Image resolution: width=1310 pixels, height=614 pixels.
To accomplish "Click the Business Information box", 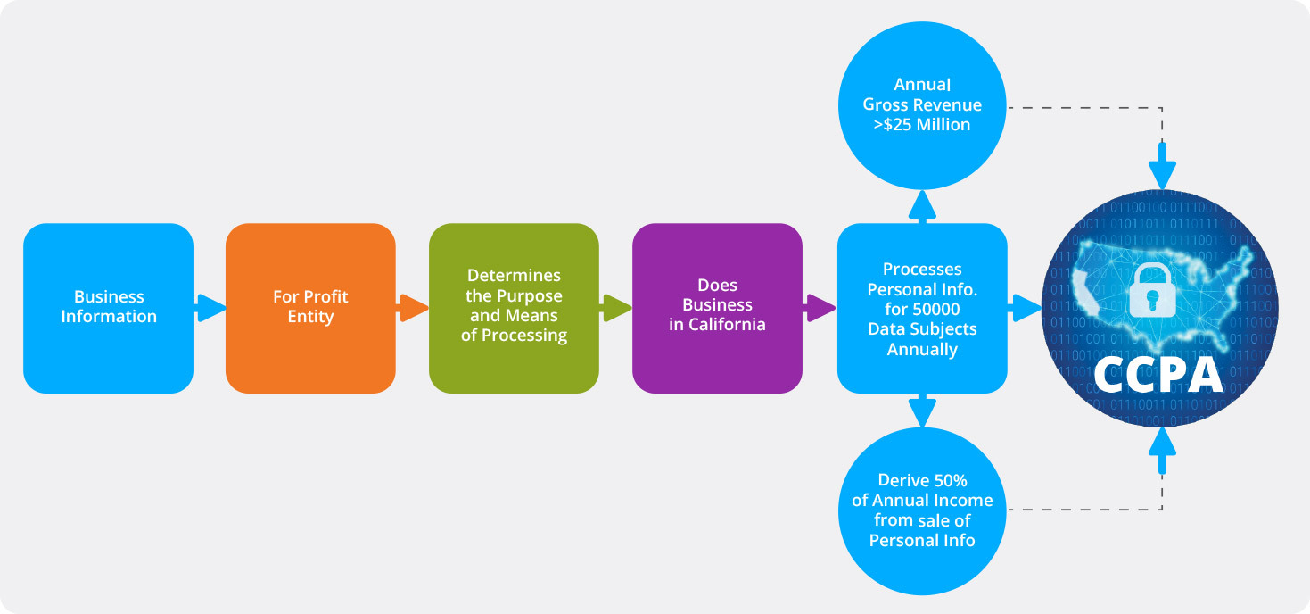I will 108,308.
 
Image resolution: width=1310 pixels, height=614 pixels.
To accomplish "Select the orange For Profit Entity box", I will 310,308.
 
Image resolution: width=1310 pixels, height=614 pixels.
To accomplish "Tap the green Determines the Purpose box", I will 514,308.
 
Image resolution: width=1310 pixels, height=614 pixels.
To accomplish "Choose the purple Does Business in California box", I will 717,308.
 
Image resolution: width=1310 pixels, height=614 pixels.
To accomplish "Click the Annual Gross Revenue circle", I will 922,104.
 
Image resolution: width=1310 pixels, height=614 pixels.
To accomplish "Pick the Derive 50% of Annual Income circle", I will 922,510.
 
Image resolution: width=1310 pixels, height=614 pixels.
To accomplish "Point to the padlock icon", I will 1154,290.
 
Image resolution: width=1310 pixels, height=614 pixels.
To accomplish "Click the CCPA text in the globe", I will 1158,375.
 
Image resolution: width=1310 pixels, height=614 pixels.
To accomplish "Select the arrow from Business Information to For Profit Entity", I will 210,308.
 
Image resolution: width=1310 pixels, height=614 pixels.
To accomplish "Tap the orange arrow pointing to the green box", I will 413,308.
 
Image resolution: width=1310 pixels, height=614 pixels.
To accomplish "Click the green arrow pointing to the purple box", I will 616,308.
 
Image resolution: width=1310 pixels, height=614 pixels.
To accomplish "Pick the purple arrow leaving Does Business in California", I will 820,308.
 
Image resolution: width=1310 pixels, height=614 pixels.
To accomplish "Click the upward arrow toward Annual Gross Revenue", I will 922,206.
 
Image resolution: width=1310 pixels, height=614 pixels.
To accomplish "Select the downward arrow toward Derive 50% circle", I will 922,411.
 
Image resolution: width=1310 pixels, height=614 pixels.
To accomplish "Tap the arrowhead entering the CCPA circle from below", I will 1162,444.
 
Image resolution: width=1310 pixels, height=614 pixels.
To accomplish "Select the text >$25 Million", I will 922,125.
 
